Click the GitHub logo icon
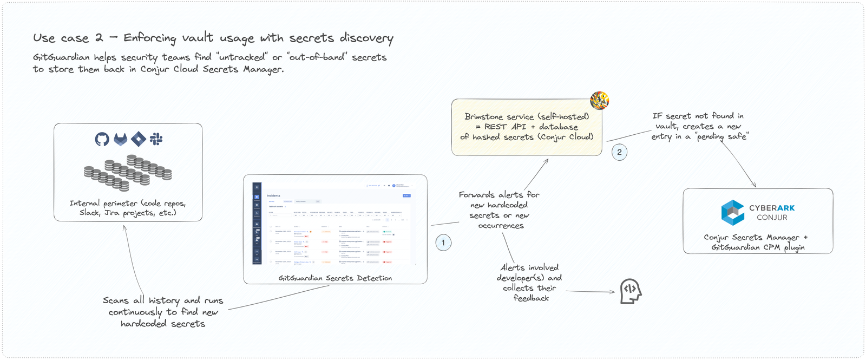pos(102,139)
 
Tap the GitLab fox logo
pos(120,139)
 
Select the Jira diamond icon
pos(139,139)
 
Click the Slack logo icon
pos(156,139)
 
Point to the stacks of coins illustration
pos(128,173)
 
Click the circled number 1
pos(443,243)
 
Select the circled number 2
pos(619,152)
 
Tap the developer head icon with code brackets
pos(630,291)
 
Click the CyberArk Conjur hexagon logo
pos(733,212)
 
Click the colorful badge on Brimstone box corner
pos(599,100)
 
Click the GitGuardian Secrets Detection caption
pos(335,278)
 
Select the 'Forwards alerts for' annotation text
pos(498,194)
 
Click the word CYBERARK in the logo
pos(772,208)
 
